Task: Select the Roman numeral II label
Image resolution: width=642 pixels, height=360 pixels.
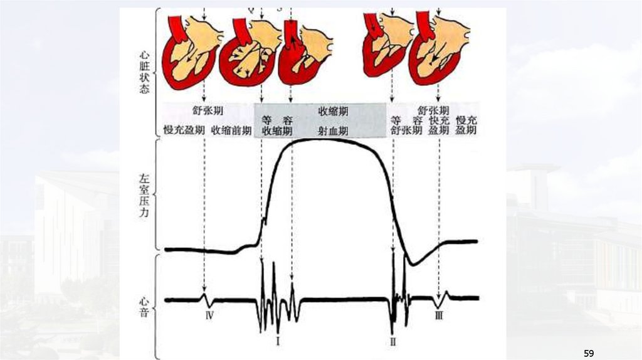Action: (393, 341)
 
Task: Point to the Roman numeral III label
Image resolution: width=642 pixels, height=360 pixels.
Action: (439, 316)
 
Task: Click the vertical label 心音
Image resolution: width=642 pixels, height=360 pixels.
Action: (144, 304)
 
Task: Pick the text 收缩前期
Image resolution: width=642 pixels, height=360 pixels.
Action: (231, 130)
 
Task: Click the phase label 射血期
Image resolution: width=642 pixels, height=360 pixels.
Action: (333, 130)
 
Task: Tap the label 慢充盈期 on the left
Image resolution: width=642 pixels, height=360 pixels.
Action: (184, 130)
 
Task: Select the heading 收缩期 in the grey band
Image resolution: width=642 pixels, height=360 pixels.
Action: (333, 112)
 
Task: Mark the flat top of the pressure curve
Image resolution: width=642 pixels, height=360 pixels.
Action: (326, 139)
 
